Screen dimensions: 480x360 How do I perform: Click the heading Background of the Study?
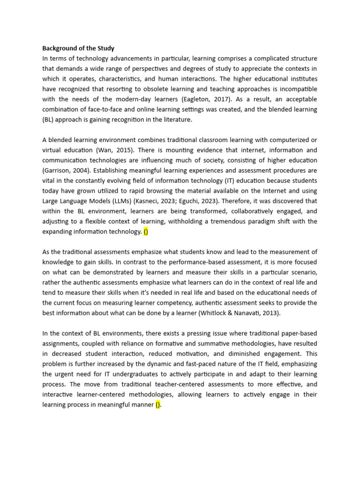(x=78, y=48)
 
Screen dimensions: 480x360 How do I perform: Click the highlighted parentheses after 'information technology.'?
(x=145, y=231)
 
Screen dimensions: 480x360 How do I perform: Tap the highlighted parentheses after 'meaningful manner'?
(x=158, y=405)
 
